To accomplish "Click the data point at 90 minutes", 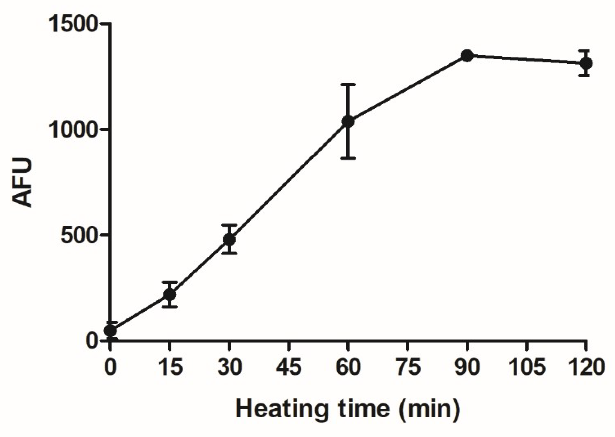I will [x=467, y=56].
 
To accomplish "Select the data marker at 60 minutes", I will [x=348, y=121].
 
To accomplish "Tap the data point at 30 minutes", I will [x=229, y=239].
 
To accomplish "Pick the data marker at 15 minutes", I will [x=170, y=295].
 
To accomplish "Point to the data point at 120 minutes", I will [x=586, y=63].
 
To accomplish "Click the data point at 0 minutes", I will [x=110, y=331].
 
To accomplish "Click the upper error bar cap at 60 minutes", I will [x=348, y=84].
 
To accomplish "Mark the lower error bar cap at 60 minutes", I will [x=348, y=158].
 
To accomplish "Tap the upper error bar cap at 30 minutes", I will [x=229, y=224].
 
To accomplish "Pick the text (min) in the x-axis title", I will [x=429, y=409].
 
